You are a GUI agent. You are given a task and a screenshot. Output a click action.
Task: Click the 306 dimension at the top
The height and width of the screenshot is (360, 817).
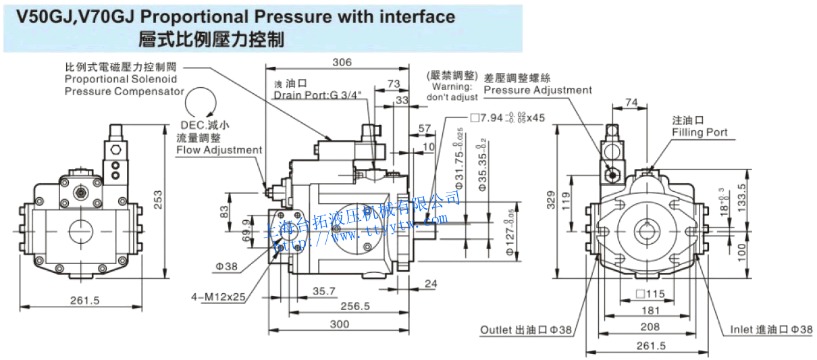pyautogui.click(x=342, y=62)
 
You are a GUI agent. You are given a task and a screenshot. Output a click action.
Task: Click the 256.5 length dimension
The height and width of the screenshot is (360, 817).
pyautogui.click(x=355, y=306)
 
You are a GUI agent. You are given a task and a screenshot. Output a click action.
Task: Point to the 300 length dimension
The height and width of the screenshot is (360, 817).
pyautogui.click(x=340, y=324)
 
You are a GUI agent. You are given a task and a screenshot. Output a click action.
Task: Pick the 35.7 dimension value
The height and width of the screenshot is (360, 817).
pyautogui.click(x=324, y=291)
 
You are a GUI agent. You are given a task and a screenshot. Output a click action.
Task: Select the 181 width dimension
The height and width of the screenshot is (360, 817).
pyautogui.click(x=651, y=311)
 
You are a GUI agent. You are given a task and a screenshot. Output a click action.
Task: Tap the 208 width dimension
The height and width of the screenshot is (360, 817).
pyautogui.click(x=651, y=327)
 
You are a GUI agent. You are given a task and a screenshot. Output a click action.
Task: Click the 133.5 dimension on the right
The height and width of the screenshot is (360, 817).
pyautogui.click(x=743, y=197)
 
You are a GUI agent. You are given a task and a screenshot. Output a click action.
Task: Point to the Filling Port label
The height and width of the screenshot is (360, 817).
pyautogui.click(x=700, y=132)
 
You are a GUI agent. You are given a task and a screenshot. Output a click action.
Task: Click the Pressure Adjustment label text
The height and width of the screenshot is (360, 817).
pyautogui.click(x=537, y=90)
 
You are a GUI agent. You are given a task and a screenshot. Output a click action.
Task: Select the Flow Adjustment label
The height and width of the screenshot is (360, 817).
pyautogui.click(x=219, y=149)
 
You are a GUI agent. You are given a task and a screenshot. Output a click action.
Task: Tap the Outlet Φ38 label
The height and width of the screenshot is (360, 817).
pyautogui.click(x=526, y=330)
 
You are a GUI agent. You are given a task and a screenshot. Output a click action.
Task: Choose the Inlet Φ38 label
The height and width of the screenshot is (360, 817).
pyautogui.click(x=770, y=330)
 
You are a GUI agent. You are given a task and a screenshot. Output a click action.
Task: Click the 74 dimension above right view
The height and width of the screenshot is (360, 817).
pyautogui.click(x=631, y=102)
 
